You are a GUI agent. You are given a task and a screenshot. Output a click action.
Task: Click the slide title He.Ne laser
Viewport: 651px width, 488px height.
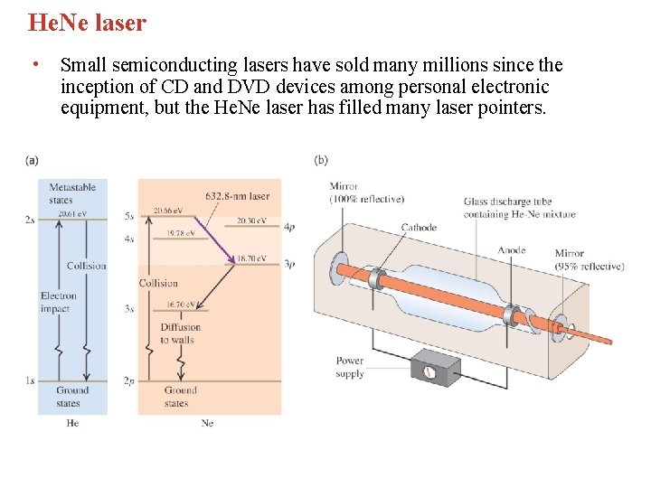tap(87, 23)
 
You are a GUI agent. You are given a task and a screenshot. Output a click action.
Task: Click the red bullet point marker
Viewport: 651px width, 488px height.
tap(33, 65)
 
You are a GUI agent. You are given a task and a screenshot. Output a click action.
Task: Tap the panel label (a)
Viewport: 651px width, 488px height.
tap(32, 160)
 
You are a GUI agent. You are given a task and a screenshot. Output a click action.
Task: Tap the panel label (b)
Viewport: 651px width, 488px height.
tap(321, 160)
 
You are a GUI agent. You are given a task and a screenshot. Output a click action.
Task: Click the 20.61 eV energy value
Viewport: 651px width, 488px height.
tap(73, 214)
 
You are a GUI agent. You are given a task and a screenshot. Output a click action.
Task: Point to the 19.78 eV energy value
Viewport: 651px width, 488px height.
tap(183, 233)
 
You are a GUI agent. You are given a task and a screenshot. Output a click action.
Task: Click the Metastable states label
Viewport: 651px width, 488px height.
tap(72, 193)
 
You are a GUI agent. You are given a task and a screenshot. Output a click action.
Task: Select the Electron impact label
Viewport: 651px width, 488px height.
tap(59, 302)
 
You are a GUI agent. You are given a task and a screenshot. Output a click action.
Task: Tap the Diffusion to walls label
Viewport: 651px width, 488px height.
tap(181, 333)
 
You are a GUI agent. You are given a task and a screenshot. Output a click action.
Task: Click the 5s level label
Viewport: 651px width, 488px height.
tap(129, 217)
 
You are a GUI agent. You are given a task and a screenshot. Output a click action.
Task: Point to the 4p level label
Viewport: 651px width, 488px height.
tap(289, 228)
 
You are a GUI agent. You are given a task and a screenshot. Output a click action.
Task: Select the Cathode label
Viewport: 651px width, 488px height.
tap(419, 228)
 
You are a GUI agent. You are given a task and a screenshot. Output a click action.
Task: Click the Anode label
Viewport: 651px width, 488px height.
tap(512, 250)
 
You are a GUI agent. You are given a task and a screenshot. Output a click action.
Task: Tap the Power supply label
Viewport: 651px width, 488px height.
tap(349, 367)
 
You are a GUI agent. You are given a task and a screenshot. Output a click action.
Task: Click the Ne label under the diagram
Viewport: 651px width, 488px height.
tap(207, 423)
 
